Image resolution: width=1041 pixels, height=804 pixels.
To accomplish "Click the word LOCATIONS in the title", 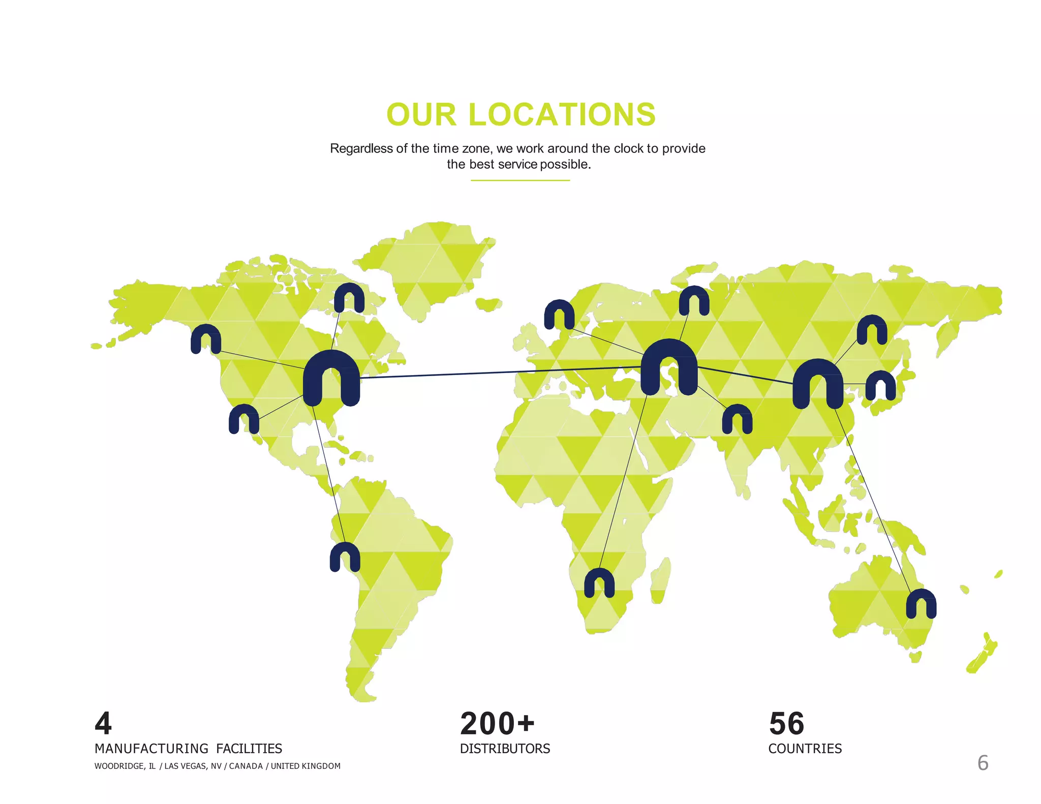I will point(562,114).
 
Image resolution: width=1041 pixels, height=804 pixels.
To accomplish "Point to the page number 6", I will point(983,763).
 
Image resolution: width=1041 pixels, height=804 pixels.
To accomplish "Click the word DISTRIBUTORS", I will point(505,749).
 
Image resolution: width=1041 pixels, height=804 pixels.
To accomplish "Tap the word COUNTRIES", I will point(805,749).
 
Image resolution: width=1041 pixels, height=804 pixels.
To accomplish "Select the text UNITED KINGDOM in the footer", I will point(305,766).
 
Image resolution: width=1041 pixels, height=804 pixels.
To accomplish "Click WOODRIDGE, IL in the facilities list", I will point(125,766).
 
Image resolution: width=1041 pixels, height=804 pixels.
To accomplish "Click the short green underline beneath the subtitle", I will point(520,180).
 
